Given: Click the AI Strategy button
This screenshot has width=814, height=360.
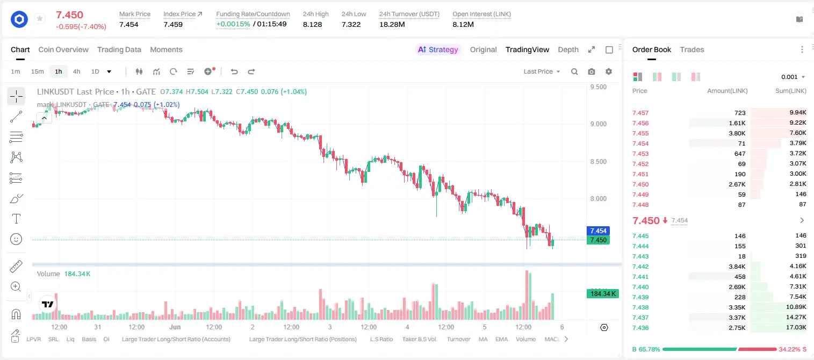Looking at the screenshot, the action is point(438,49).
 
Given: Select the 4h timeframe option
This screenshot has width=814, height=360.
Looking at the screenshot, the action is point(76,71).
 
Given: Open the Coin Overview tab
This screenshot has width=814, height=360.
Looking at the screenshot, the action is point(63,49).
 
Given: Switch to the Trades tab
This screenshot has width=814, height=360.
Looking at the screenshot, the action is point(692,49).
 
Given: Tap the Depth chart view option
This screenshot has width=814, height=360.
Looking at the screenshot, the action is point(568,49).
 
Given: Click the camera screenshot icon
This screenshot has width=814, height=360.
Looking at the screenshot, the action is point(592,71).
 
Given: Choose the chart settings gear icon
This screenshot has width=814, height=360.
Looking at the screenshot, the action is point(609,71).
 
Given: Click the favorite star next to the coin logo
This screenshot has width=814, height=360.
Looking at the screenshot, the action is point(40,18).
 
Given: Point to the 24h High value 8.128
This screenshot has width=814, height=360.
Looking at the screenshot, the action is point(313,24).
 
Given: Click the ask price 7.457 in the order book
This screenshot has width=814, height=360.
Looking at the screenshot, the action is point(640,113).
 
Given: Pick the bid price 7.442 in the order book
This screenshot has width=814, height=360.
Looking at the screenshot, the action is point(640,267).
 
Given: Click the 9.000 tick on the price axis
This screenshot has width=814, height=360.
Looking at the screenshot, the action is point(599,124).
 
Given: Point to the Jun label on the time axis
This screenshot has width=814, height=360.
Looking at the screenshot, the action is point(175,327).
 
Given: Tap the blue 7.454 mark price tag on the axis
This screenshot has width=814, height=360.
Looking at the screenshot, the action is point(598,231).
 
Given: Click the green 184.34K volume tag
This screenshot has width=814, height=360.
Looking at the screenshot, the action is point(603,293).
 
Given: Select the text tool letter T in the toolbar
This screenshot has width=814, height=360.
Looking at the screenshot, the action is point(16,219).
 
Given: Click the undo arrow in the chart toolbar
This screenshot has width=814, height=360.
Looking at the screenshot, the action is point(234,71).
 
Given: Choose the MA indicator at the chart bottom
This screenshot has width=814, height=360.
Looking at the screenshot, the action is point(483,339).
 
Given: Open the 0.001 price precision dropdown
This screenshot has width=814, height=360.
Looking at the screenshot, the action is point(793,77).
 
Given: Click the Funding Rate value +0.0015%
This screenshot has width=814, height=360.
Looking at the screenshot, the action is point(233,24).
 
